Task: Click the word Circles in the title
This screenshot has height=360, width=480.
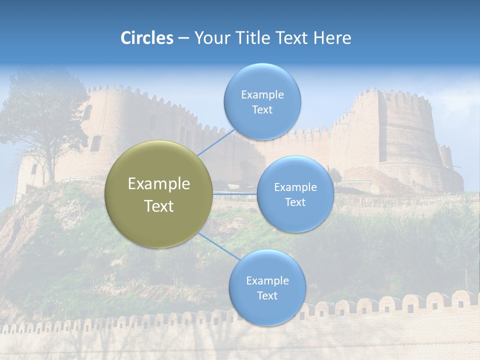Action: [147, 38]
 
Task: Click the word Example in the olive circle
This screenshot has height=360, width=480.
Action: [159, 184]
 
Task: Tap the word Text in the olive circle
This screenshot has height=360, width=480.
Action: [159, 206]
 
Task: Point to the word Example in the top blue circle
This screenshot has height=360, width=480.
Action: [262, 95]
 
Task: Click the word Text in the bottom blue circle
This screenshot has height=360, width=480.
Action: [267, 295]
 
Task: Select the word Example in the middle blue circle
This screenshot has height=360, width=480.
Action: [295, 187]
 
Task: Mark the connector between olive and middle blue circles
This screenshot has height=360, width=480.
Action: [235, 193]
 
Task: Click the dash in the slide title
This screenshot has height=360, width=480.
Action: [183, 38]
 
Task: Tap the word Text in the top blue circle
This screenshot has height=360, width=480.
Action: [262, 110]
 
